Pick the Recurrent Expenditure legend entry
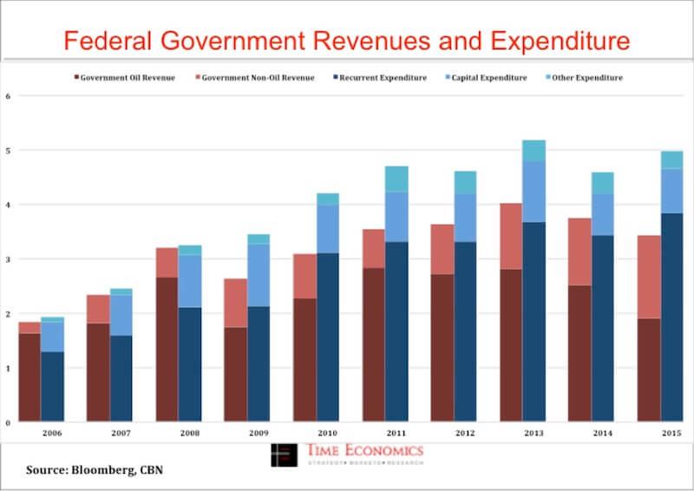tap(383, 78)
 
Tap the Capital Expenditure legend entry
tap(488, 78)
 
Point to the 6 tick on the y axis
tap(7, 96)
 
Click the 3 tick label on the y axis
tap(7, 259)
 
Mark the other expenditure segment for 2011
tap(396, 179)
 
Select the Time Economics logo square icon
tap(284, 455)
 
